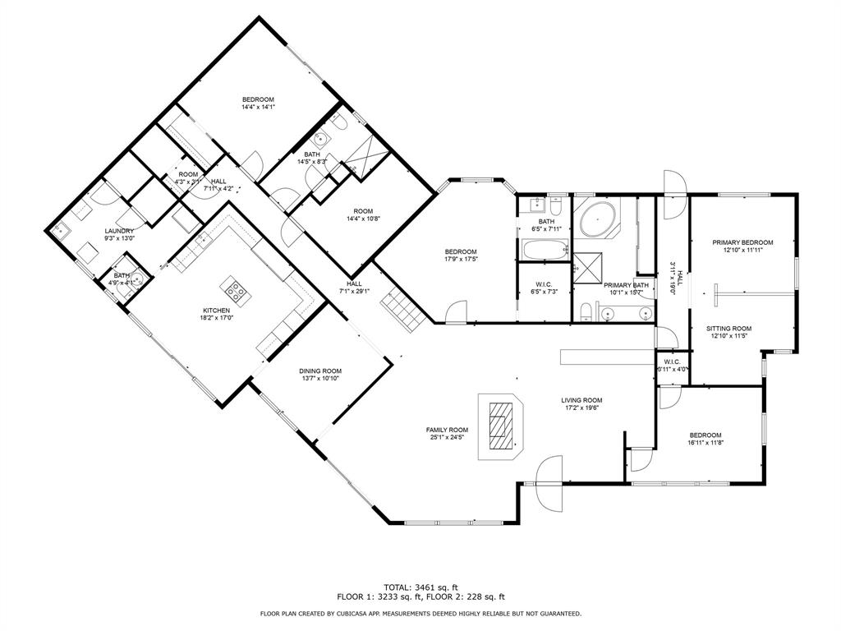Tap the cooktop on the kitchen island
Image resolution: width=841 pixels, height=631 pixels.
[235, 289]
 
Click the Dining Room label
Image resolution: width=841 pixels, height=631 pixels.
[319, 371]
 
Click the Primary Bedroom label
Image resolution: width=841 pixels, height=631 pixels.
[742, 242]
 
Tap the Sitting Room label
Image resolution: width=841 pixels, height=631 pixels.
[729, 328]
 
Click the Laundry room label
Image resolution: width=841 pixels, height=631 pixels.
[119, 231]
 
